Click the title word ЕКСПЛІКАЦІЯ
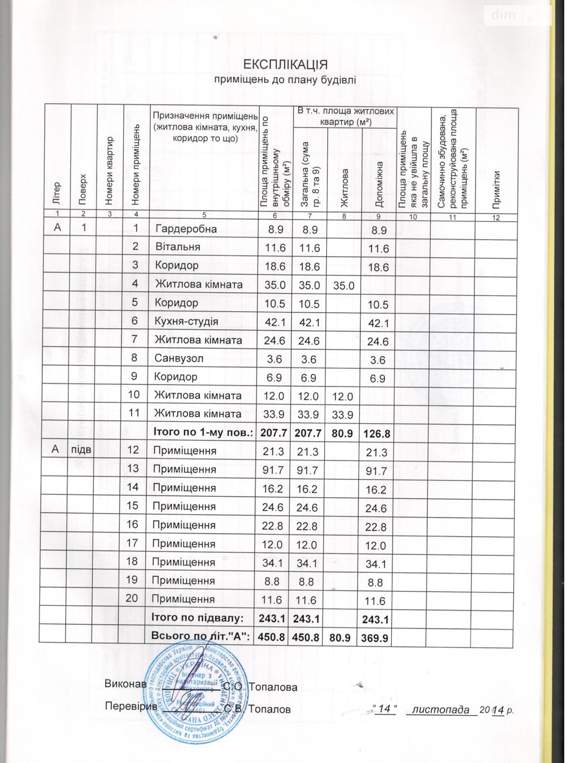click(285, 64)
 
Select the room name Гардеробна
click(186, 229)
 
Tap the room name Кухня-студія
click(186, 321)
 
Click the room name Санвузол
click(176, 358)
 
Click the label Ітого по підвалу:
click(197, 618)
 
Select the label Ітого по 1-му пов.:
click(202, 433)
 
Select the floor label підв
click(81, 450)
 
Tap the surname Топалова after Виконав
click(273, 687)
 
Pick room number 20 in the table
click(132, 598)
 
